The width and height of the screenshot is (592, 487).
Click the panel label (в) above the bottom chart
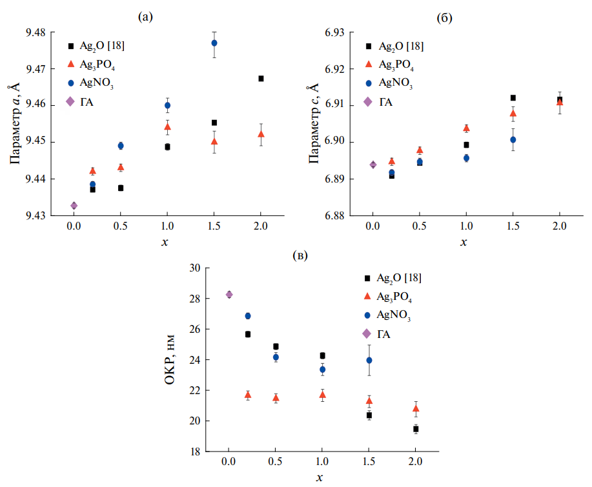[x=300, y=256]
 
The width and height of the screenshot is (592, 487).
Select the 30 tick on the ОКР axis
[x=194, y=268]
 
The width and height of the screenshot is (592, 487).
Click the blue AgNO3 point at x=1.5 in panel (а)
[x=214, y=43]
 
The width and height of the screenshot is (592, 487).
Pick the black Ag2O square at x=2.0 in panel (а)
[x=261, y=79]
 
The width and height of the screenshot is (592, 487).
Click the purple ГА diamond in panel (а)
[x=74, y=206]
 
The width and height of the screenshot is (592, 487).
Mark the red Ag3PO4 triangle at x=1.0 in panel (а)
[x=167, y=126]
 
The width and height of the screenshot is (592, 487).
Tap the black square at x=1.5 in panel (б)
[x=513, y=98]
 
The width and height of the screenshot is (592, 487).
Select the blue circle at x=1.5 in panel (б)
[x=513, y=139]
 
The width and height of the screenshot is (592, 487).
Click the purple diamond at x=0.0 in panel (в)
[x=229, y=295]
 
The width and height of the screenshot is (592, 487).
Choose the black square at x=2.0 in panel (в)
[x=416, y=429]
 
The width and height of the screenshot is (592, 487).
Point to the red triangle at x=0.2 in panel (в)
[x=247, y=395]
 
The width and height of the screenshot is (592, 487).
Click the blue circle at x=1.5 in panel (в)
[x=369, y=360]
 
